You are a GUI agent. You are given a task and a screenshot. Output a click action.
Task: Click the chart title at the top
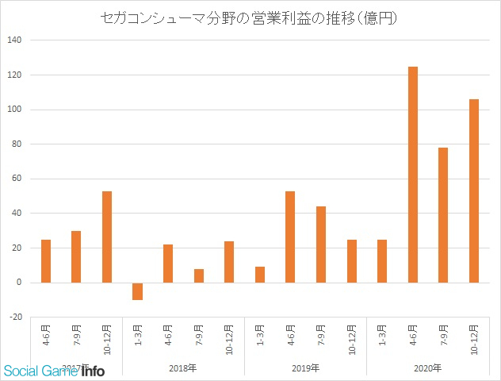[x=250, y=17]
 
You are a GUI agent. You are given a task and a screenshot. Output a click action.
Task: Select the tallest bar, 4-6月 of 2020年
[x=412, y=175]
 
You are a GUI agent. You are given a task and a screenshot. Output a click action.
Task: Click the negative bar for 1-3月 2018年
[x=137, y=291]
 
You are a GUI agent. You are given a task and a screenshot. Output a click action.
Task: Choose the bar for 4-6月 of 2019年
[x=290, y=237]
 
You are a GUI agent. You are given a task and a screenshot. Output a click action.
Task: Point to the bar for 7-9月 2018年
[x=198, y=275]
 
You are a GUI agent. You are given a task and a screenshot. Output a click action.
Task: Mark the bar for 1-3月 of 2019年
[x=260, y=275]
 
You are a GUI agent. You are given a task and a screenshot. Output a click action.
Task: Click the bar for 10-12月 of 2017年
[x=107, y=237]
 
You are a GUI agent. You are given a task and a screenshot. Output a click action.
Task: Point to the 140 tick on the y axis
[x=16, y=40]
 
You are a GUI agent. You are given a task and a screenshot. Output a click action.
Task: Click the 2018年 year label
[x=183, y=368]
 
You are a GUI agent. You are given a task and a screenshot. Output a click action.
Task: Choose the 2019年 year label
[x=305, y=368]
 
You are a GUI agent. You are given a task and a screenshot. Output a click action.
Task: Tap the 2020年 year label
[x=427, y=368]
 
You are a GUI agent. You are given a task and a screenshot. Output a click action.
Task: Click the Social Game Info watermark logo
[x=54, y=369]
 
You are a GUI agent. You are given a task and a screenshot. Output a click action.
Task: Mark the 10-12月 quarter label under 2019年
[x=351, y=337]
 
